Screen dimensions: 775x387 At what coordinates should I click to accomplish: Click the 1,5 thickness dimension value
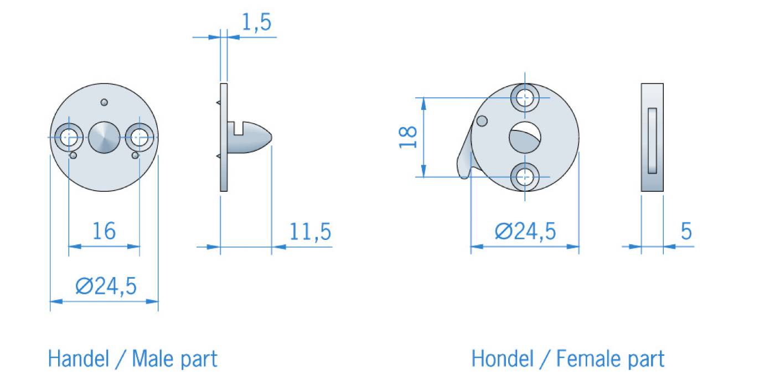[256, 23]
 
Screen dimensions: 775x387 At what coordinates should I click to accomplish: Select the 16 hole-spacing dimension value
[104, 231]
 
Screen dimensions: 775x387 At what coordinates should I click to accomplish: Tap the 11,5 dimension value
[311, 232]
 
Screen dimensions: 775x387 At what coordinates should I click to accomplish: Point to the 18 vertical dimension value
[408, 137]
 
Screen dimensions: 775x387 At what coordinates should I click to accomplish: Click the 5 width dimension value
[686, 231]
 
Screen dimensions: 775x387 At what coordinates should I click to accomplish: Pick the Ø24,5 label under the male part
[106, 286]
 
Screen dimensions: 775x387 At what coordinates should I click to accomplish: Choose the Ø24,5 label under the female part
[525, 231]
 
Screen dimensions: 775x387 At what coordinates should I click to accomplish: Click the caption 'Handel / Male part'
[132, 359]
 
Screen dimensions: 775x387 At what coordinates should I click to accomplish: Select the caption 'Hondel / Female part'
[568, 359]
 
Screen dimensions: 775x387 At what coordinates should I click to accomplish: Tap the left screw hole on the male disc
[69, 138]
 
